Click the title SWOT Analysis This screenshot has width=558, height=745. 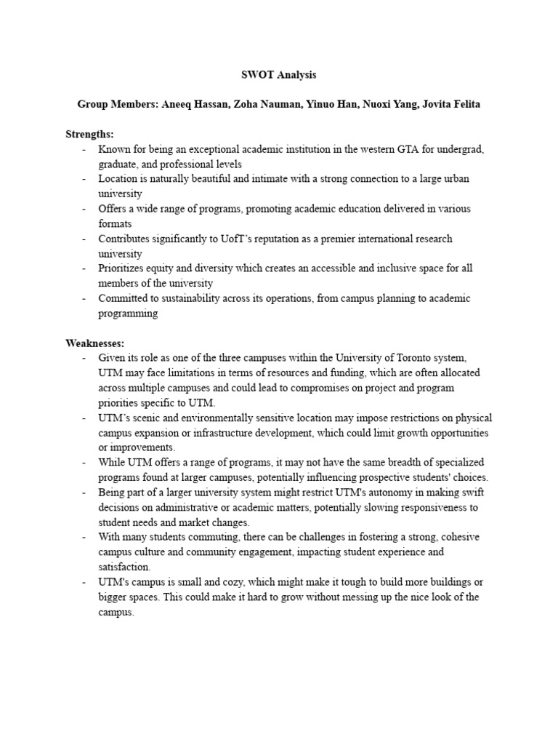click(278, 74)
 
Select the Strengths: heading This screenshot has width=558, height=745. click(90, 134)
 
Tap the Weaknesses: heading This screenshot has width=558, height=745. click(95, 342)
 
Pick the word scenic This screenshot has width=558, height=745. click(145, 418)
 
